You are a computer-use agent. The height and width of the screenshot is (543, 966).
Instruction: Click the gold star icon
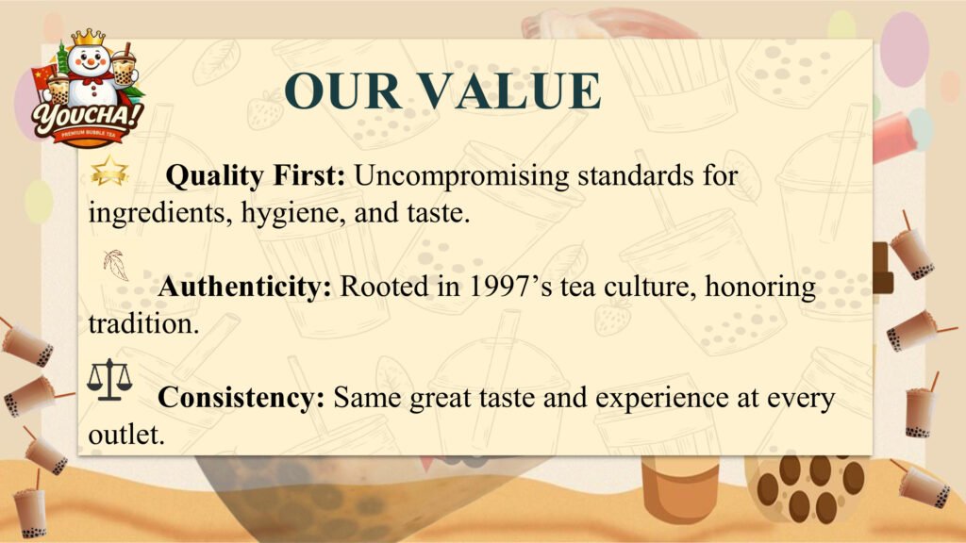click(x=109, y=171)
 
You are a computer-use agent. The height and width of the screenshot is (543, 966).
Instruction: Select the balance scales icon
click(x=109, y=380)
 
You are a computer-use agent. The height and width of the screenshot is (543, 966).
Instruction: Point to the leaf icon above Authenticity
click(x=116, y=265)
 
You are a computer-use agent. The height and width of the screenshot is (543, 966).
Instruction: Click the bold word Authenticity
click(x=244, y=287)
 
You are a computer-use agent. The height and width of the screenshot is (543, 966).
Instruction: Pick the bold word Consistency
click(x=241, y=398)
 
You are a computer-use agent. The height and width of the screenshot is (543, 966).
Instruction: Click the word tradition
click(x=143, y=324)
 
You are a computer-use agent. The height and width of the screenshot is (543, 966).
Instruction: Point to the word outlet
click(x=126, y=435)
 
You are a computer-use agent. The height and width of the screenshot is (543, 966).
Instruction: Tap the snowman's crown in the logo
click(x=88, y=38)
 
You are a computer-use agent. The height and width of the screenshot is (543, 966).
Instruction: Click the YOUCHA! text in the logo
click(x=88, y=116)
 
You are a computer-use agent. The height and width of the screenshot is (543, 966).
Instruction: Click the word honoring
click(x=760, y=288)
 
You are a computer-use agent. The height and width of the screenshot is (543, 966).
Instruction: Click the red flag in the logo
click(x=44, y=79)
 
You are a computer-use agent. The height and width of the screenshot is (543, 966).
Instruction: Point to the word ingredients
click(x=160, y=214)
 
